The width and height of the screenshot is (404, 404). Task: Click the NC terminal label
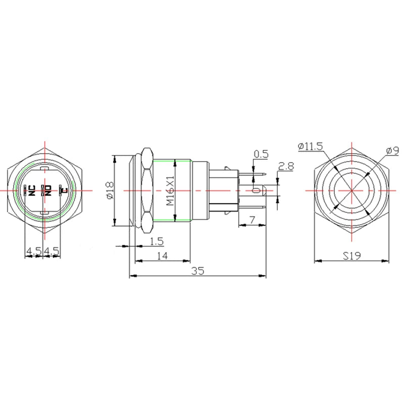(x=31, y=190)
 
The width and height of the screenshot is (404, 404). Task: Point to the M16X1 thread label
(x=170, y=191)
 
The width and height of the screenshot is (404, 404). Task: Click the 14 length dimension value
(x=162, y=256)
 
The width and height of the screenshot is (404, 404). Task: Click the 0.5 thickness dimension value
(x=261, y=154)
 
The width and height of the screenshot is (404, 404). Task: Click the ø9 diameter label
(x=392, y=150)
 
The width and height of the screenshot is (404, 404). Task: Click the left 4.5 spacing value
(x=33, y=250)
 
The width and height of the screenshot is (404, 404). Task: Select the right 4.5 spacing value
(x=52, y=250)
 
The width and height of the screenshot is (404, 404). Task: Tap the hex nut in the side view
(x=147, y=190)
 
